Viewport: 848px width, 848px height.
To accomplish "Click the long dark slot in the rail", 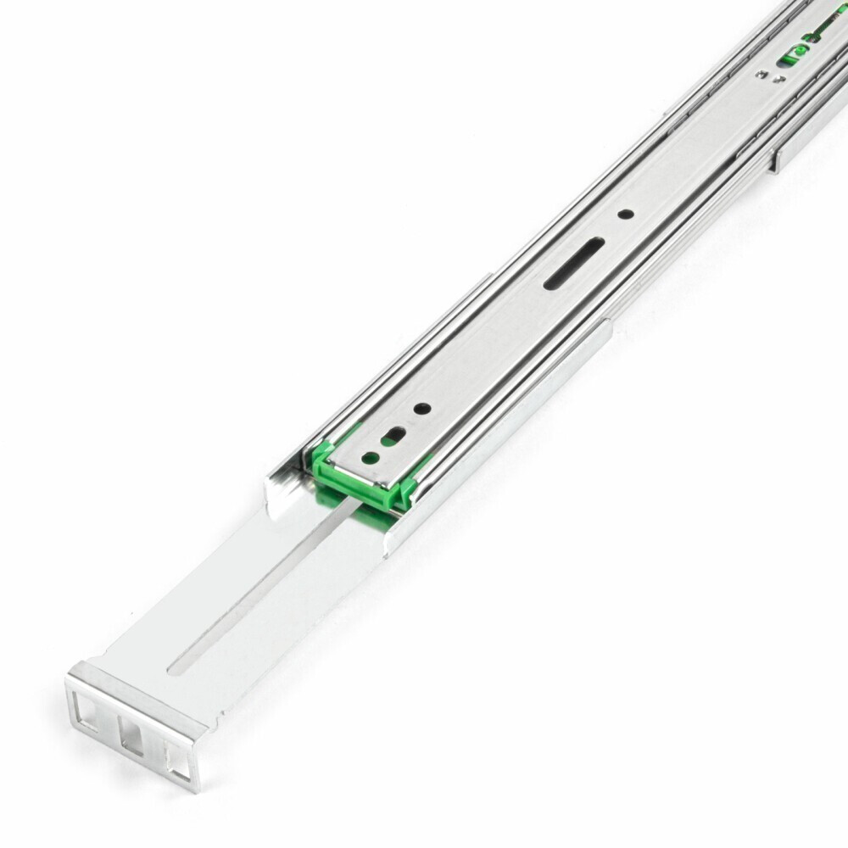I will pyautogui.click(x=575, y=263).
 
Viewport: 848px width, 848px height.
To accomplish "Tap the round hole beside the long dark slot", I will pyautogui.click(x=624, y=215).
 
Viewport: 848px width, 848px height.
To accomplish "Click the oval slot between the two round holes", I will pyautogui.click(x=393, y=438).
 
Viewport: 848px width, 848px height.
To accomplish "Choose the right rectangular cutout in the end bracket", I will pyautogui.click(x=178, y=761).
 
